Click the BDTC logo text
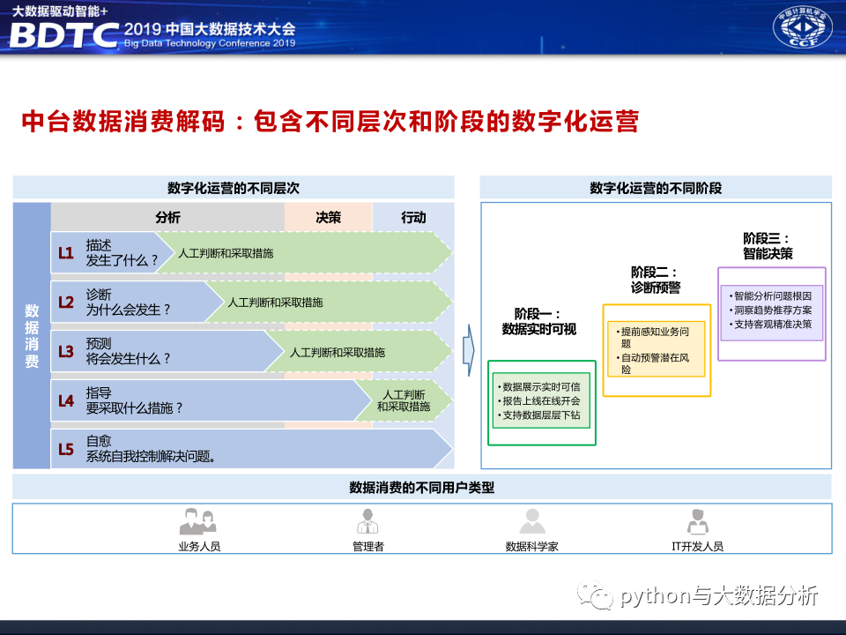point(63,35)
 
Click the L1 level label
point(66,253)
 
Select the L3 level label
point(66,352)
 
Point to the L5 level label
point(66,449)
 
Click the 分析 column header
point(167,217)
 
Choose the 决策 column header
point(328,217)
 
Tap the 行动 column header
point(413,217)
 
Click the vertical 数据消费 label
point(32,336)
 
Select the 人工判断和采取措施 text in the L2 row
point(275,303)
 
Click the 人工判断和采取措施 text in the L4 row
point(404,400)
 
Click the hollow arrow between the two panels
point(469,350)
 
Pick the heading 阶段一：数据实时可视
point(539,321)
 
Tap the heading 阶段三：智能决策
point(768,246)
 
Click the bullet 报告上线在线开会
point(539,400)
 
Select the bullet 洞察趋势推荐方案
point(770,310)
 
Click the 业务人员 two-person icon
point(197,521)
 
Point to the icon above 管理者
point(367,521)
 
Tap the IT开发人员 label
point(698,547)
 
